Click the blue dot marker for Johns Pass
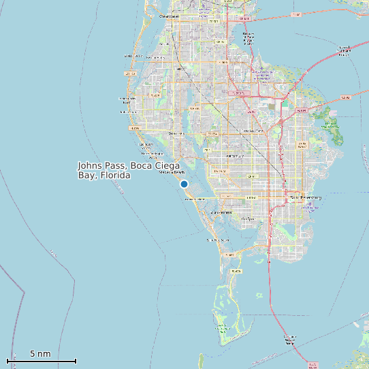[x=184, y=184]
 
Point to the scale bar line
[x=41, y=361]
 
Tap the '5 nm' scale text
[x=40, y=353]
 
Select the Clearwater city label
[x=168, y=16]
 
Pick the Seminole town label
[x=176, y=133]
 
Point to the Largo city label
[x=180, y=69]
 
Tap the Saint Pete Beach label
[x=219, y=240]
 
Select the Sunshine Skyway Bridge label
[x=291, y=338]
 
